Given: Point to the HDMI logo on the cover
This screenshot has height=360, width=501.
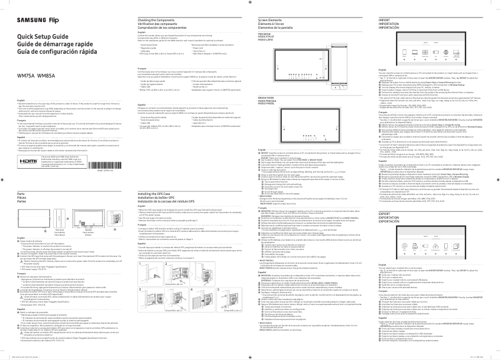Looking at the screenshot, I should coord(31,143).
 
